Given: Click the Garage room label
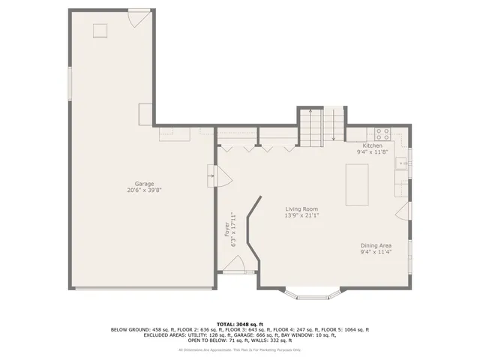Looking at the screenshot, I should (x=144, y=184).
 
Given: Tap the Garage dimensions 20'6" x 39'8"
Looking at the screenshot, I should (x=144, y=190).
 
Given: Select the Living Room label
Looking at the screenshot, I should (x=301, y=209).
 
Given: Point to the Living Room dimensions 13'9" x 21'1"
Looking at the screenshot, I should (x=301, y=216).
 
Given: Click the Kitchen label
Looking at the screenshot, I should (x=373, y=145).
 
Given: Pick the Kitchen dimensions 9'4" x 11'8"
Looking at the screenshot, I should (x=373, y=152).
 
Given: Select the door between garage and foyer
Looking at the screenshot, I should (x=211, y=177).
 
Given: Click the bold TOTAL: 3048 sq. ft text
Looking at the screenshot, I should (x=240, y=323).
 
